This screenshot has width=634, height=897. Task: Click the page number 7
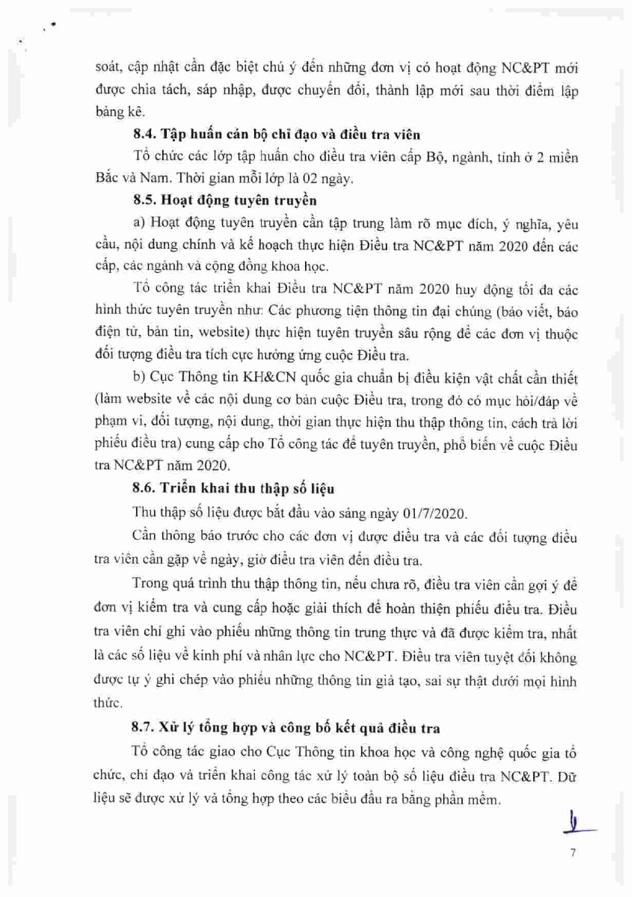point(573,852)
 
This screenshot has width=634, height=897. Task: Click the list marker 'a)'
point(138,223)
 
